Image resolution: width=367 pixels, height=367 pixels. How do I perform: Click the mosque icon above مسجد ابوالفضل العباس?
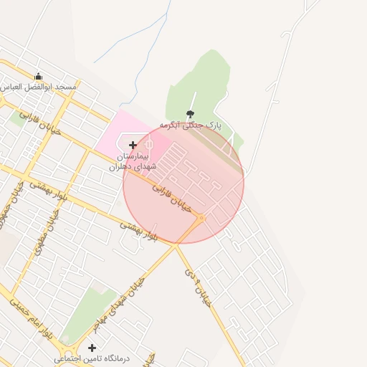(38, 76)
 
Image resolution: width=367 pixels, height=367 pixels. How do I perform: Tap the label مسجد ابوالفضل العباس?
(39, 87)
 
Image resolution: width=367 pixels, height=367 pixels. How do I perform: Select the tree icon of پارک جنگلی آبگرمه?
(190, 114)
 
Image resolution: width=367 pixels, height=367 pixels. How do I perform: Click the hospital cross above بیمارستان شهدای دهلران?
(133, 145)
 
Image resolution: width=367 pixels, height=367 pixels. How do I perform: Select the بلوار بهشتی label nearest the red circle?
(138, 231)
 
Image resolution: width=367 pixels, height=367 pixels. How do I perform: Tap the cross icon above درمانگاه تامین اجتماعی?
(92, 348)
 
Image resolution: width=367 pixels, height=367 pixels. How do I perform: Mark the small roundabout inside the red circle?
(203, 217)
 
